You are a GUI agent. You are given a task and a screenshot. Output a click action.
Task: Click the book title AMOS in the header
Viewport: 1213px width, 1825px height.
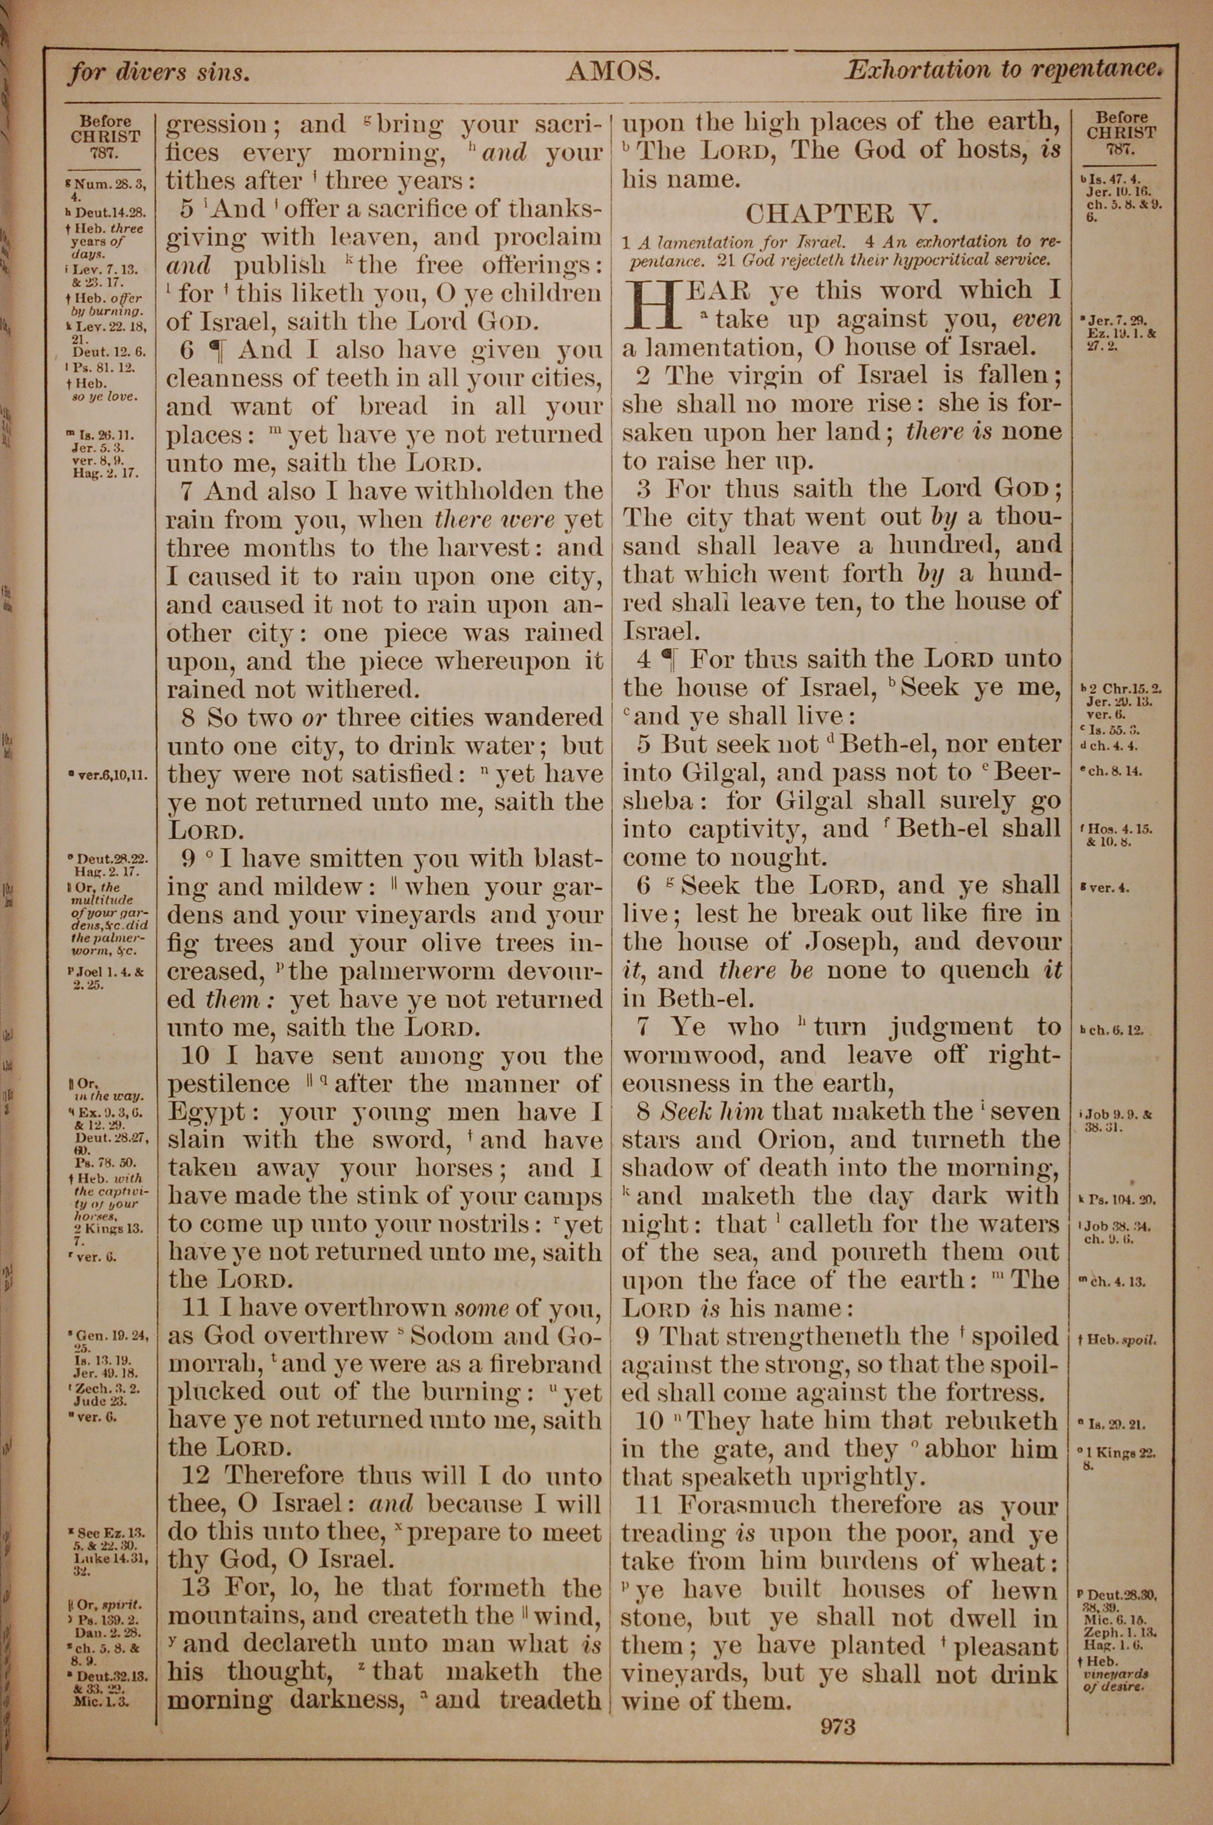612,73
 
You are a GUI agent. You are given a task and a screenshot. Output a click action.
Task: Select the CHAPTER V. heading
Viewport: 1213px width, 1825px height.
839,213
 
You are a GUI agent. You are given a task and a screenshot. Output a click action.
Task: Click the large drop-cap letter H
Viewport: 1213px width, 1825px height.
648,305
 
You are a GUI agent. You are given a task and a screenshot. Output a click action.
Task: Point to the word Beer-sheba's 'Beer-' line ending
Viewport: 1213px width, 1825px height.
1027,772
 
